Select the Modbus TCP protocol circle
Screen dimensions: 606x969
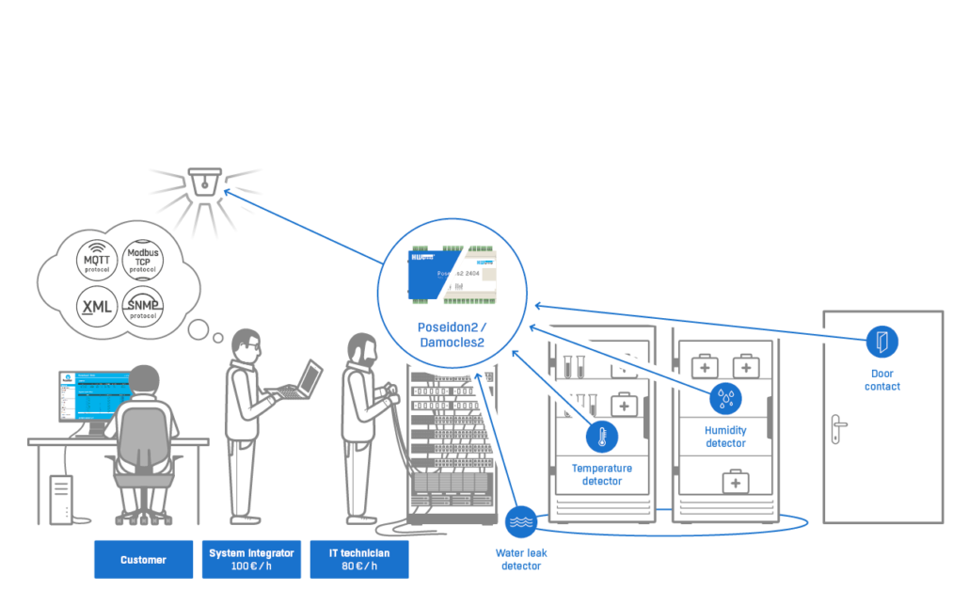[142, 257]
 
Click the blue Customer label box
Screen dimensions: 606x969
[143, 560]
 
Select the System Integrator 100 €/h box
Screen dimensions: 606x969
[251, 560]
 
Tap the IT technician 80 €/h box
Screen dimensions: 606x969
[359, 560]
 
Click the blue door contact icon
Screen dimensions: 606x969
[882, 341]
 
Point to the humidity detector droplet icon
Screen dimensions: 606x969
[725, 399]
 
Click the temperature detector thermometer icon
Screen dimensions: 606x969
[601, 437]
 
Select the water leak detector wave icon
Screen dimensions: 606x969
[520, 521]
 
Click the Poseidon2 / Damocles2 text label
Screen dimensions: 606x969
[452, 335]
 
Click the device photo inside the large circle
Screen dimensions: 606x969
[452, 278]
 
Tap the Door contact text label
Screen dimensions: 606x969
[882, 379]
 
